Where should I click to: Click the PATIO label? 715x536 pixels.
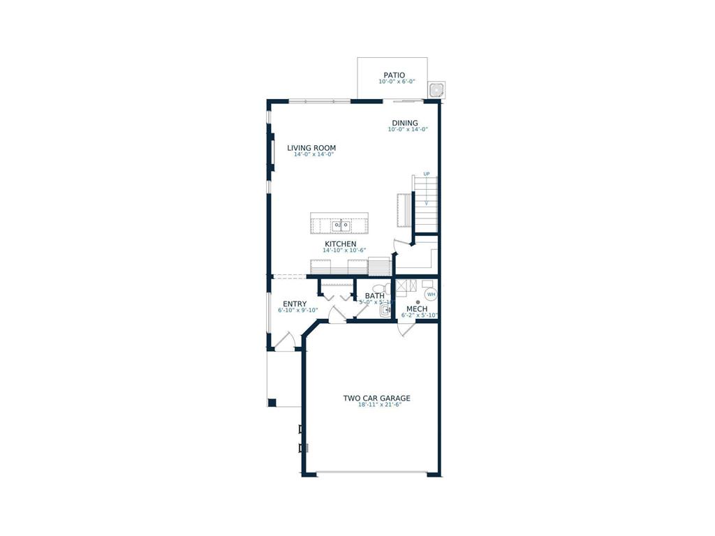(394, 75)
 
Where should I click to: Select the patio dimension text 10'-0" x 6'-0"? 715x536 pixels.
(397, 82)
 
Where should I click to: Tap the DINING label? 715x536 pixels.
(404, 124)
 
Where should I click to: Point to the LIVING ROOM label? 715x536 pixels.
(311, 148)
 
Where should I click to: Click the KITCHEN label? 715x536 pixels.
(340, 244)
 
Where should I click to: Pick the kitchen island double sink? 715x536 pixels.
(340, 225)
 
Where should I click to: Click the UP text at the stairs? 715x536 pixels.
(426, 174)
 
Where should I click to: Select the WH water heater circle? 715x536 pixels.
(431, 295)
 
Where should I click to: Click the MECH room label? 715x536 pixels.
(417, 309)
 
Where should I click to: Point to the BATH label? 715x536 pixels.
(375, 296)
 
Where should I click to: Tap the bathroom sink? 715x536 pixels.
(385, 311)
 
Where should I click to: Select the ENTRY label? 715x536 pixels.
(295, 304)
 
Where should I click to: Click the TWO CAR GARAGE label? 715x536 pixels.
(376, 399)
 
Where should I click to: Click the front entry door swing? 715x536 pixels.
(284, 341)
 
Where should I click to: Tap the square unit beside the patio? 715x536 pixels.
(436, 89)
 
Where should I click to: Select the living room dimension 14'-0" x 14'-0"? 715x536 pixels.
(311, 154)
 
